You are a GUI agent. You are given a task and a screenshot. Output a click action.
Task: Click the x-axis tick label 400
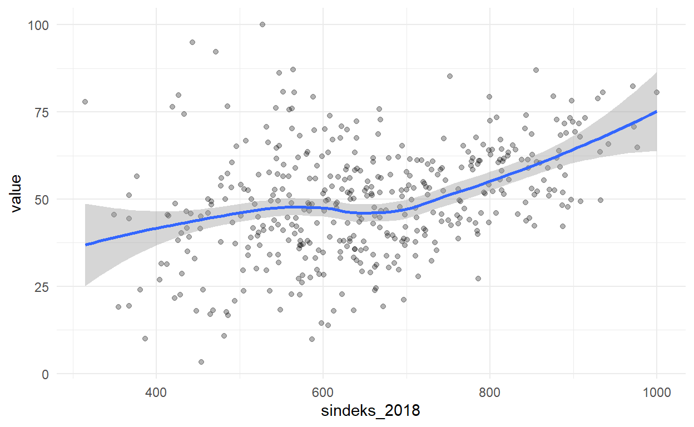coord(156,392)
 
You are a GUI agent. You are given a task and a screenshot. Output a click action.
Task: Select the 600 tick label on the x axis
coord(323,392)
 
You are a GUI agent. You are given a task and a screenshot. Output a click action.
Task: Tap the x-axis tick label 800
coord(490,392)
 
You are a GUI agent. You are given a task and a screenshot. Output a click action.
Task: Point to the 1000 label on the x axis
coord(657,392)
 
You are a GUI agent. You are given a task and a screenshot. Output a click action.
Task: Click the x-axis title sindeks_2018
coord(370,411)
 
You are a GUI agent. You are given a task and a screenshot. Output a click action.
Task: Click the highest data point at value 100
coord(262,24)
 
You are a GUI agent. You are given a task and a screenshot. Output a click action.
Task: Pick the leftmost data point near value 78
coord(85,102)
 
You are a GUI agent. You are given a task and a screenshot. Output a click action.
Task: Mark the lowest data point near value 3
coord(201,362)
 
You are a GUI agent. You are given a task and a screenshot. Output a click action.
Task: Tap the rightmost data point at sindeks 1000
coord(657,92)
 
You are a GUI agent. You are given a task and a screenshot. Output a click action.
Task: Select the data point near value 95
coord(192,42)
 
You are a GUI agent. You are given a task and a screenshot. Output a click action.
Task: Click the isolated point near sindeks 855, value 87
coord(536,70)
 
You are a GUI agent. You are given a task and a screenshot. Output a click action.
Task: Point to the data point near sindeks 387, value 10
coord(145,339)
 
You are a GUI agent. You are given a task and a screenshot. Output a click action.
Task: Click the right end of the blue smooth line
coord(657,111)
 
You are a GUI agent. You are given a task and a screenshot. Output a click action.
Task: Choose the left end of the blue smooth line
coord(86,245)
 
